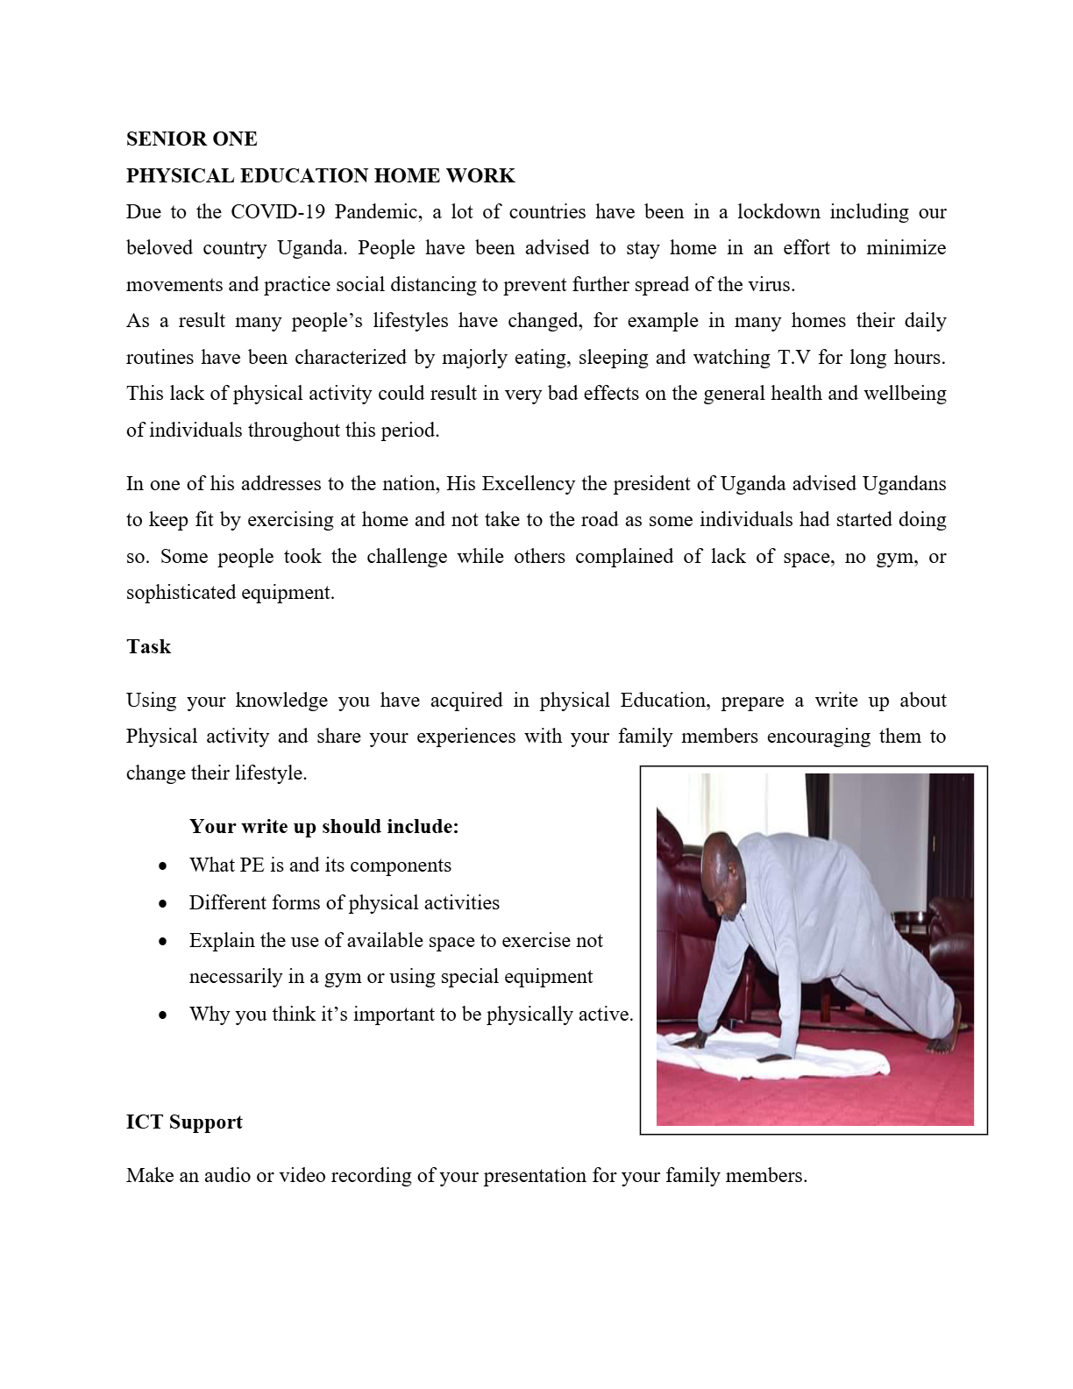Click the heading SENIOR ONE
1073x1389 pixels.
191,139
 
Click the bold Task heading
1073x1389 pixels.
148,647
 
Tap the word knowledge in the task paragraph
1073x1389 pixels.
281,701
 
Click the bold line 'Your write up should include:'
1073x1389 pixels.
323,827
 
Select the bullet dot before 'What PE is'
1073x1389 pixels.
163,866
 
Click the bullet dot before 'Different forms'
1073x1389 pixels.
163,904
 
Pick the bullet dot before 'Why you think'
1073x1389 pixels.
163,1015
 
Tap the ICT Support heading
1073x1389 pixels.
184,1122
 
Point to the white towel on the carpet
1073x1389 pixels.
771,1057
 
